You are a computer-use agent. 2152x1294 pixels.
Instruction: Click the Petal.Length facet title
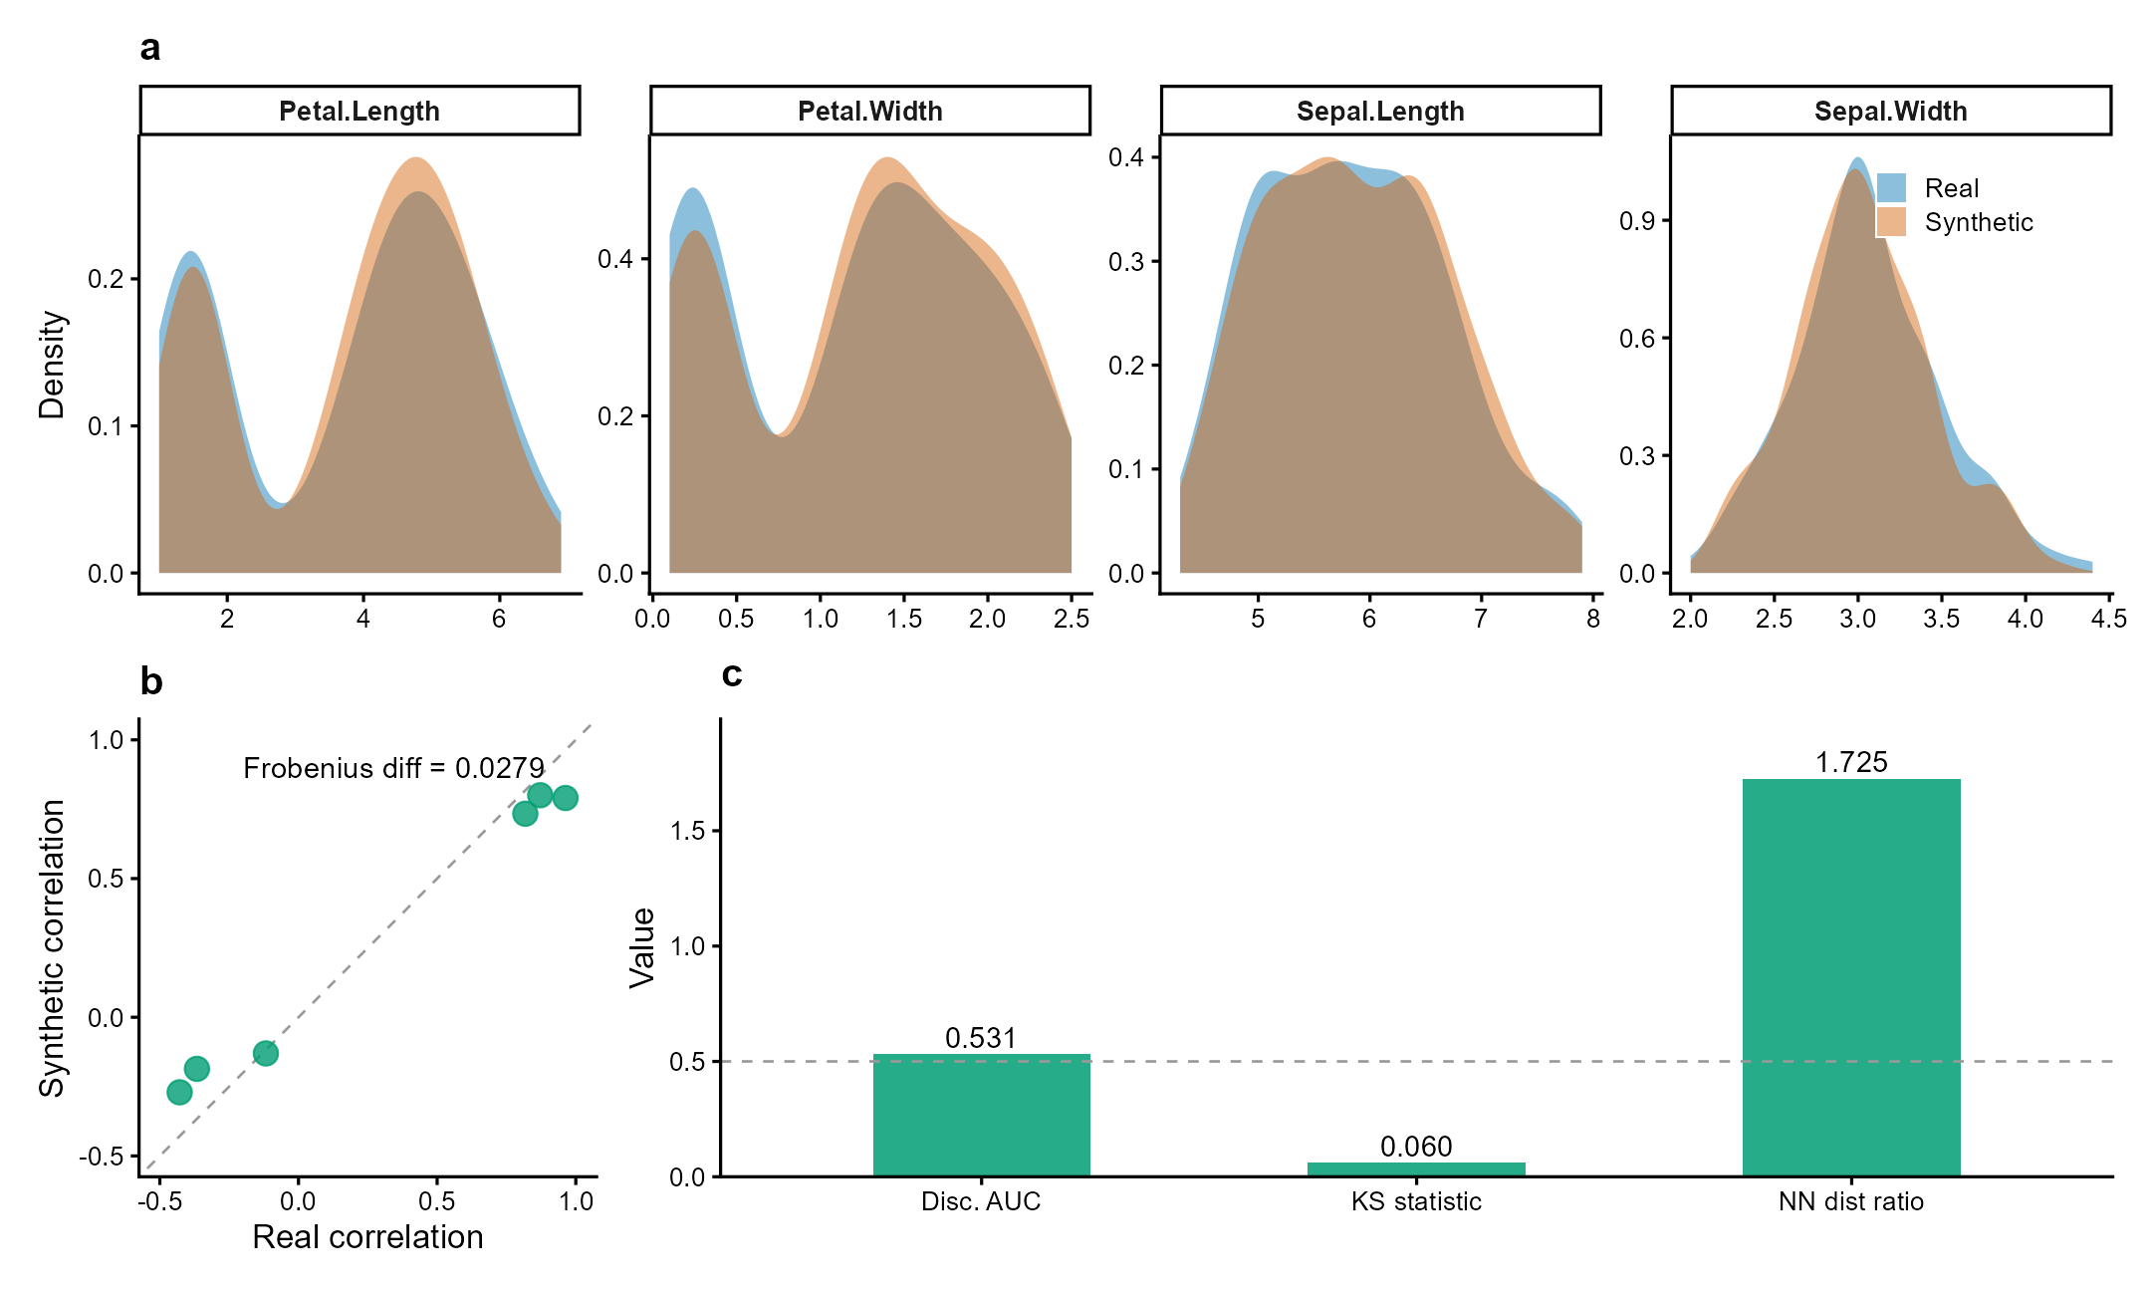click(359, 111)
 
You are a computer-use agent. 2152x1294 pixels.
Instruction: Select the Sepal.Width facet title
click(1890, 111)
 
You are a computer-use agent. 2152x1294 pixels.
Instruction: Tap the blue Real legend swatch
click(1891, 187)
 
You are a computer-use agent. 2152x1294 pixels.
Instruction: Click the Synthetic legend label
click(1978, 222)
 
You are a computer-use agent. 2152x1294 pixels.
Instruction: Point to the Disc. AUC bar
click(981, 1115)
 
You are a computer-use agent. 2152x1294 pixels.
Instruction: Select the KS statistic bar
click(1416, 1169)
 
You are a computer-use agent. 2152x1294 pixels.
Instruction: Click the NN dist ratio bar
click(1850, 976)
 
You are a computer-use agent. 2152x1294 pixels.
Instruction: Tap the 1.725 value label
click(1850, 762)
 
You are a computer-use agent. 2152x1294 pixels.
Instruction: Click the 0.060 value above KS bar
click(1416, 1147)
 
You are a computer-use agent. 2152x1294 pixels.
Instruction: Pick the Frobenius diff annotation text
click(393, 768)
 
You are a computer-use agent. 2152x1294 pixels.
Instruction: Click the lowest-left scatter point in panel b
click(179, 1092)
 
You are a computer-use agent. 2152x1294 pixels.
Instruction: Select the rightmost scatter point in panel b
click(565, 798)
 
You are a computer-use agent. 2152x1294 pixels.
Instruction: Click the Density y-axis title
click(52, 365)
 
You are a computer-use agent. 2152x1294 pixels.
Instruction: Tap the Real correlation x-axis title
click(367, 1236)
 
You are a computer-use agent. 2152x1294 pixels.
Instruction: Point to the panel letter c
click(732, 674)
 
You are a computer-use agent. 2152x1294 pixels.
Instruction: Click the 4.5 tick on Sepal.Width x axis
click(2108, 619)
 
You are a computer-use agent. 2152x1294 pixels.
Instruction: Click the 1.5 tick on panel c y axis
click(687, 831)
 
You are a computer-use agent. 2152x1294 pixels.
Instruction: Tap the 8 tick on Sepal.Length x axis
click(1592, 619)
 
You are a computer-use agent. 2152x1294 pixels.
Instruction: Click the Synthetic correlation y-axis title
click(52, 948)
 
